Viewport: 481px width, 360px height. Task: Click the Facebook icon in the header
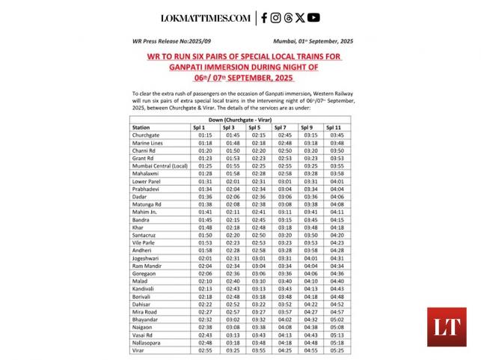click(264, 18)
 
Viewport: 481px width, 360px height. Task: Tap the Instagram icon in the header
click(276, 18)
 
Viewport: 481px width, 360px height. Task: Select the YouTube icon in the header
click(313, 18)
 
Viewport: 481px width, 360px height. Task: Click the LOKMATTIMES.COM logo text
click(206, 18)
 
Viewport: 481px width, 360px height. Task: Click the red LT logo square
click(447, 327)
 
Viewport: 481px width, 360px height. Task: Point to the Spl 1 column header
click(205, 127)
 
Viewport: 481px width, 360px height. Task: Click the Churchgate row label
click(146, 135)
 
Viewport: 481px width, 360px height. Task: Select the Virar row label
click(138, 350)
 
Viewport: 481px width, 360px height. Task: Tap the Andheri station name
click(143, 250)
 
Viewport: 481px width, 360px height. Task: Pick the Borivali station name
click(142, 296)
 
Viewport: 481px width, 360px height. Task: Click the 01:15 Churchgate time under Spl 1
click(205, 135)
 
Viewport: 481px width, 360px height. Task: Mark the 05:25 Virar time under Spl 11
click(337, 350)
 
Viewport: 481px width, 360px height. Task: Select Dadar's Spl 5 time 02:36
click(259, 196)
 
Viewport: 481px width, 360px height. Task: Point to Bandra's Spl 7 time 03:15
click(285, 219)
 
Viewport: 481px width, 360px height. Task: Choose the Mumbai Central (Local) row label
click(159, 165)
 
